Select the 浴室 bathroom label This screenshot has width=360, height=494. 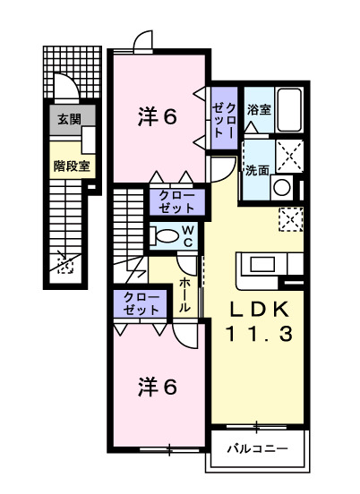click(259, 110)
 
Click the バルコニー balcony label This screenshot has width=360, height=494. click(255, 447)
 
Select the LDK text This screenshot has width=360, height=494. click(257, 311)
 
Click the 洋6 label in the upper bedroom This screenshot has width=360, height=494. click(156, 116)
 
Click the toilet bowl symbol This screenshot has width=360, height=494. click(165, 237)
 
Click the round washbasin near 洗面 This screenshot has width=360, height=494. click(281, 187)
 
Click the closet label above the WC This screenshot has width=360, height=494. click(176, 201)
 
